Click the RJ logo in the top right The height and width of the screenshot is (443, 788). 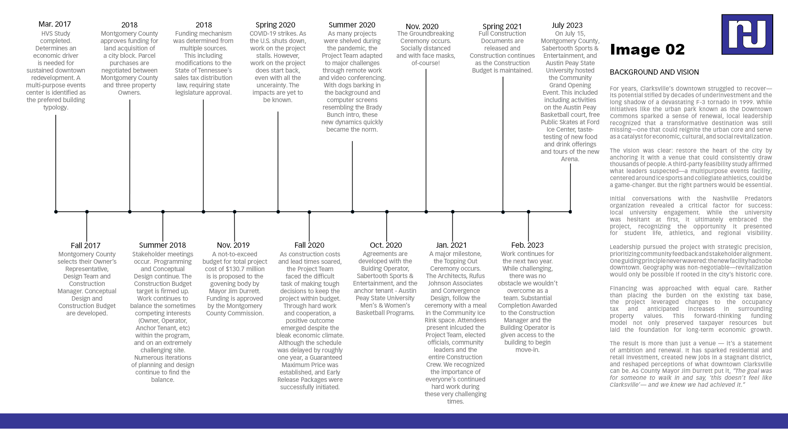click(747, 34)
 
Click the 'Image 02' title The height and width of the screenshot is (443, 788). click(647, 50)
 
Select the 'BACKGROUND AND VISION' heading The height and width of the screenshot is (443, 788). click(654, 72)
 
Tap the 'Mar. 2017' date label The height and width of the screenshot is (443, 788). click(55, 24)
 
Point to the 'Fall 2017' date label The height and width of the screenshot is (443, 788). click(85, 246)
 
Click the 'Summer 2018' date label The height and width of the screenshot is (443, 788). click(163, 245)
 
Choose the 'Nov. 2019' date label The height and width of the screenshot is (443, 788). click(233, 245)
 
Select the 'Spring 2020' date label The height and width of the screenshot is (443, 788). click(275, 25)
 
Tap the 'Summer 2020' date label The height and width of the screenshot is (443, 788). click(352, 25)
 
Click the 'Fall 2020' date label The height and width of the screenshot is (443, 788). click(309, 245)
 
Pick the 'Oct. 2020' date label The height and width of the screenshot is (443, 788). click(386, 245)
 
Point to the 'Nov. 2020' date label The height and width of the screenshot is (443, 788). click(422, 27)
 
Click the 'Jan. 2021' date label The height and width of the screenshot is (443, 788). click(451, 245)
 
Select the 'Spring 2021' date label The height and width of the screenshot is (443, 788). click(502, 27)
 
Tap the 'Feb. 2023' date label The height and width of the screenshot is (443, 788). click(527, 245)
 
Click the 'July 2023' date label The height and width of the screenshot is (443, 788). click(567, 25)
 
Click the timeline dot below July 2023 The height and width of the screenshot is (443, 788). click(570, 212)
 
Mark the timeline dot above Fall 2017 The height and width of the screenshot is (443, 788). click(87, 212)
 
